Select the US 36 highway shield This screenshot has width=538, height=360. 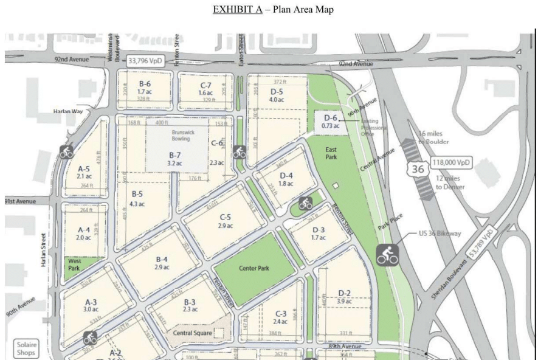tap(416, 170)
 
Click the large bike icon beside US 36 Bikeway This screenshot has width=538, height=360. tap(387, 255)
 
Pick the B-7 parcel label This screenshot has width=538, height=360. tap(174, 159)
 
